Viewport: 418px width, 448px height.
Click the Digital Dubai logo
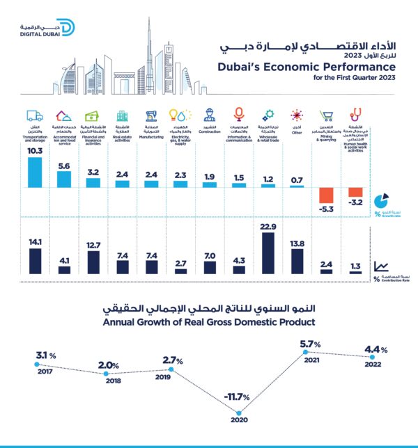47,29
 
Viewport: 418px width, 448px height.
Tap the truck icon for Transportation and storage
34,115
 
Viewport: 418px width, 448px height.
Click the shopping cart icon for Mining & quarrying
325,115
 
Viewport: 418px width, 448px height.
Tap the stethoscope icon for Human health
355,114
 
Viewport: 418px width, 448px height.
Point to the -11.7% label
237,397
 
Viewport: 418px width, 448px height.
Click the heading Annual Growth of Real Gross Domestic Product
209,322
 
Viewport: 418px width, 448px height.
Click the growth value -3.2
355,202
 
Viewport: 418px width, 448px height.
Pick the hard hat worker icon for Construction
208,115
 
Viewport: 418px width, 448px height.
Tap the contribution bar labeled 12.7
93,262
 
